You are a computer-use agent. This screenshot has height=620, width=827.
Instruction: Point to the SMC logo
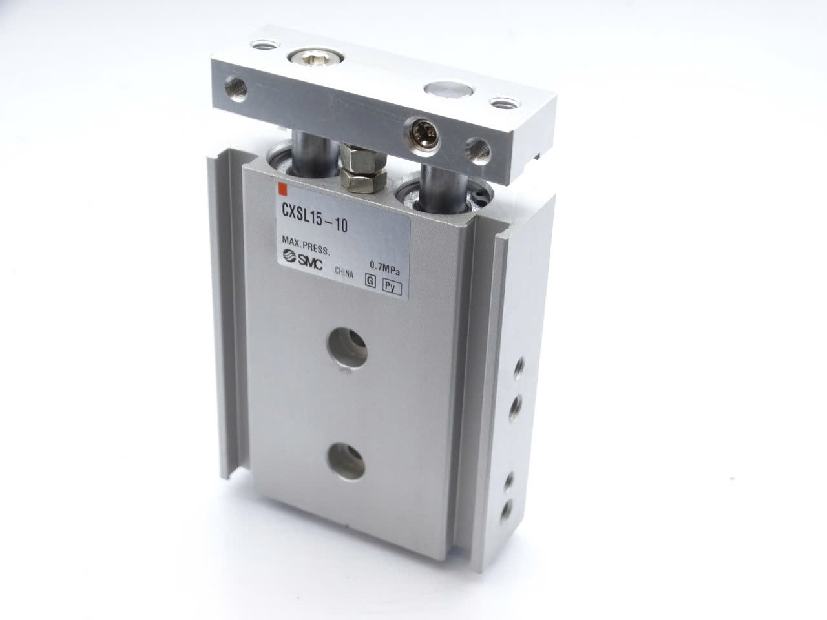click(x=303, y=260)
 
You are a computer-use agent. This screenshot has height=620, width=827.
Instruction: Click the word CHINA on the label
click(x=344, y=273)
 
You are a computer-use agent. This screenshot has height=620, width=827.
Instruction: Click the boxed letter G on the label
click(x=371, y=281)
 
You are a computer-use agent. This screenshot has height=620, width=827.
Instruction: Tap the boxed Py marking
click(x=392, y=288)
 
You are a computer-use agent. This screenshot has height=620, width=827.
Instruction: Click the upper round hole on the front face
click(x=346, y=347)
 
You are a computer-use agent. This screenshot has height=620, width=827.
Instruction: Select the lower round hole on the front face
click(x=346, y=462)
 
